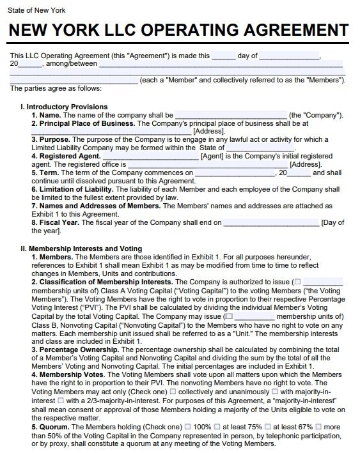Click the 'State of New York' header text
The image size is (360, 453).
click(x=33, y=11)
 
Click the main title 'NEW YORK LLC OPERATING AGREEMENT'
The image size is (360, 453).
click(x=180, y=31)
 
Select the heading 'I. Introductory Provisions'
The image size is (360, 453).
click(x=64, y=107)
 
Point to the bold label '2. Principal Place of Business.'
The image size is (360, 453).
click(x=83, y=123)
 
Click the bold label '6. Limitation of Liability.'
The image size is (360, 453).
click(x=72, y=190)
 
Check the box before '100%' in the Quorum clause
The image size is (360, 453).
click(x=188, y=426)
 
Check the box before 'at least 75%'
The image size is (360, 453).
click(x=218, y=426)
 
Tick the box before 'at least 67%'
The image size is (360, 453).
click(x=268, y=426)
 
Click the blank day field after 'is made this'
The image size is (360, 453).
click(x=223, y=56)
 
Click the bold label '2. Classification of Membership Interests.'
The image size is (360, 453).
click(x=102, y=282)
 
